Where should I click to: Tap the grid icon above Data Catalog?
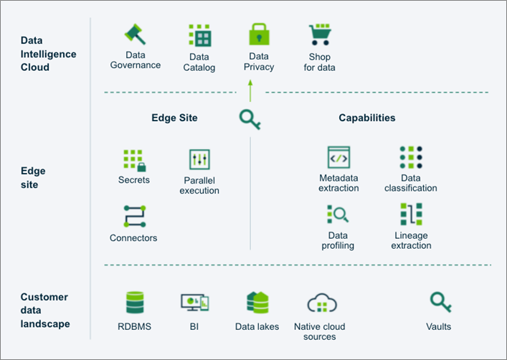pos(199,36)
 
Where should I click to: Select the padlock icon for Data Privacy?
pos(258,35)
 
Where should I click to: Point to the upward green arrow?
pos(250,90)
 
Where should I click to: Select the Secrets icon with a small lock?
pos(133,160)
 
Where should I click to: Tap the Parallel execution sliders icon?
pos(199,159)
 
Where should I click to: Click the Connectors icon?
pos(134,216)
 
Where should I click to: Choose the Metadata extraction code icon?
pos(338,157)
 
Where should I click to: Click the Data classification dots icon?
pos(410,158)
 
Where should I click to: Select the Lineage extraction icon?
pos(411,214)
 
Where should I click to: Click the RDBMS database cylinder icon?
pos(135,303)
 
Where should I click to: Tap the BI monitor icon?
pos(194,303)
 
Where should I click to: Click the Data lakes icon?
pos(257,303)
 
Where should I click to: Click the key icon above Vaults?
pos(438,302)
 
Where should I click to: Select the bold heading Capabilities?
pos(366,118)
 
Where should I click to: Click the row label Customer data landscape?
pos(44,310)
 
